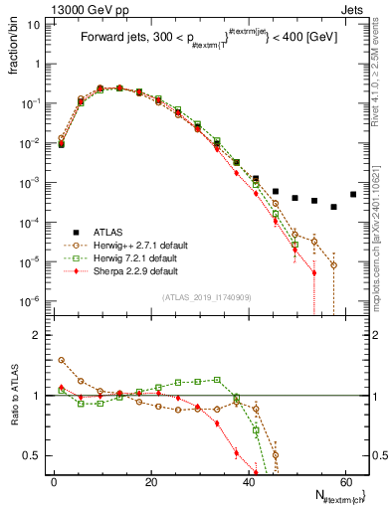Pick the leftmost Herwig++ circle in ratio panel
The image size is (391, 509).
pos(62,360)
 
